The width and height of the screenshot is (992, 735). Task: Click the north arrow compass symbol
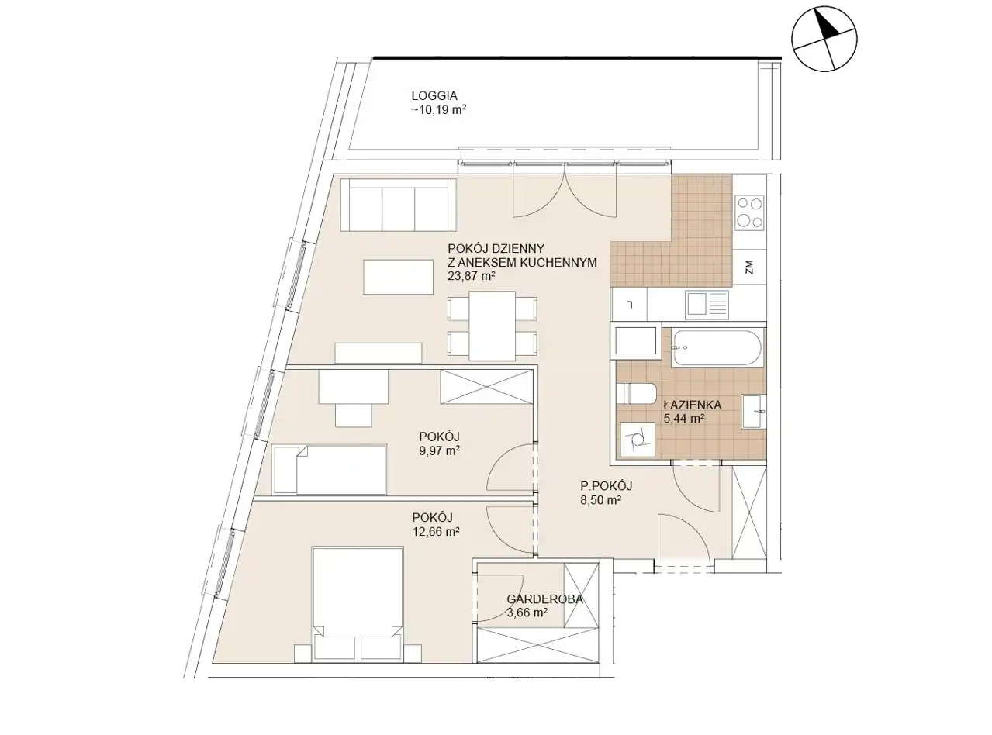824,39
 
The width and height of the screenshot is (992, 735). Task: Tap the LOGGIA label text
434,95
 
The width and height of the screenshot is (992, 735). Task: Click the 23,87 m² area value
472,276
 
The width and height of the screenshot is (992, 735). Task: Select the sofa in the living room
398,205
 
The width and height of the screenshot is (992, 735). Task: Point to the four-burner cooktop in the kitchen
749,212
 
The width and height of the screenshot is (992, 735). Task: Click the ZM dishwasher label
749,267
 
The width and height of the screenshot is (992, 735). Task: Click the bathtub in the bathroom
717,349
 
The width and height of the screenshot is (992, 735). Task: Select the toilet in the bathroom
636,393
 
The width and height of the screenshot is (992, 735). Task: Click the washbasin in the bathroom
754,411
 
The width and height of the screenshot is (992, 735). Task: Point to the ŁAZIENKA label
693,405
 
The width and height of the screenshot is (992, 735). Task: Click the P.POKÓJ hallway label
606,485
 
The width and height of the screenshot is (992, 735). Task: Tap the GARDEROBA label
544,599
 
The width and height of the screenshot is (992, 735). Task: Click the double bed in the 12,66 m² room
358,603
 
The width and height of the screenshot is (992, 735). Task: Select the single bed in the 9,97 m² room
330,469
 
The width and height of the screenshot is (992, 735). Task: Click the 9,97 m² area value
439,450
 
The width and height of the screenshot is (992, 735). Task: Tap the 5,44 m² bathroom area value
685,419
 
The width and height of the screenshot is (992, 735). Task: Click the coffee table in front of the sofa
399,278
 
